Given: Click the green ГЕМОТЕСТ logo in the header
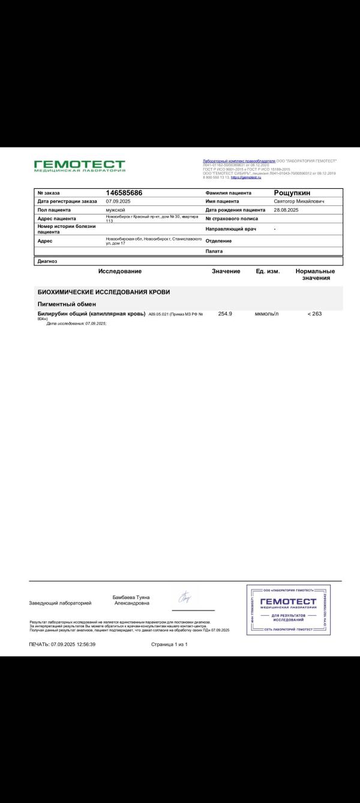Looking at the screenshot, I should pos(80,166).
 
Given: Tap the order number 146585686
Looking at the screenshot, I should pos(124,193).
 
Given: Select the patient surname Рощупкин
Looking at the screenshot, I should pos(292,193).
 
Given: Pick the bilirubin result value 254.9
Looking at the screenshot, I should pos(226,314).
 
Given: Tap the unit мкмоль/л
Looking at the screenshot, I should pos(267,314).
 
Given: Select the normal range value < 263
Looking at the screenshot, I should pos(314,314).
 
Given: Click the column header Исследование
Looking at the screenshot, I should pos(120,272).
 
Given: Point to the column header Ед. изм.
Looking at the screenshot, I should pos(268,272).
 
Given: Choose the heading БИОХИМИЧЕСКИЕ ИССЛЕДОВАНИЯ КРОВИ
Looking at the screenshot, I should pos(104,292).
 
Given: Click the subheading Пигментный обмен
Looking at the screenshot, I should pos(63,304).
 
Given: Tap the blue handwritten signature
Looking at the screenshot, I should pos(185,597).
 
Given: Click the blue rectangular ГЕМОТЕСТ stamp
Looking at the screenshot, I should pos(289,609).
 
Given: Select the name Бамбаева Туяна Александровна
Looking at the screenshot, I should pos(131,600).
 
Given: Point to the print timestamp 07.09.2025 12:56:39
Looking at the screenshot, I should pos(62,644).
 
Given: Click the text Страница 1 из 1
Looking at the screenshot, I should pos(170,644).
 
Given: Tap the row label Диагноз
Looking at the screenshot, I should pos(47,261).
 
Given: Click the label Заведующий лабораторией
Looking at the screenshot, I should pos(60,603).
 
